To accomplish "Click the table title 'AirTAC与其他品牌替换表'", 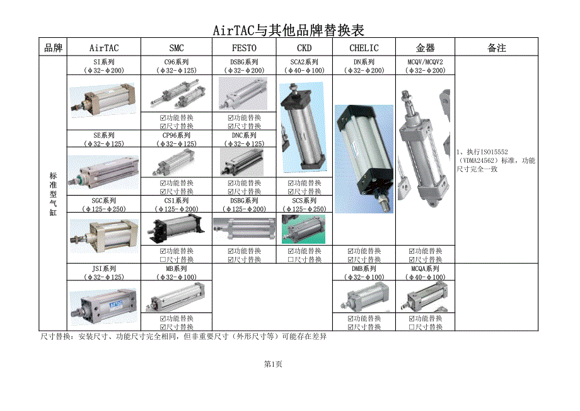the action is [289, 30].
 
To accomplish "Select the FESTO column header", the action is [244, 48].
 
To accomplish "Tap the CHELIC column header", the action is [364, 48].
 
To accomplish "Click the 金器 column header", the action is [425, 48].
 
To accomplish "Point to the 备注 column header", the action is [496, 48].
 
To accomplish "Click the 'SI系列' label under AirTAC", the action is [104, 62].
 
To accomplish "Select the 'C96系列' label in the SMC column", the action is [177, 62].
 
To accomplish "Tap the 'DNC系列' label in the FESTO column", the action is [244, 135].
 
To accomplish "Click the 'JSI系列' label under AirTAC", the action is [104, 268].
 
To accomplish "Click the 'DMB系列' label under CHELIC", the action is [364, 268].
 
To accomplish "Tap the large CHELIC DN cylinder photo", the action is [364, 159].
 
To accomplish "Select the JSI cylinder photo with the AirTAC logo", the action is [103, 306].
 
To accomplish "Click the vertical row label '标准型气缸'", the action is [53, 194].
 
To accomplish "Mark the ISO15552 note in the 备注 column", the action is [496, 160].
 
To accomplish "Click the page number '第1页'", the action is [273, 364].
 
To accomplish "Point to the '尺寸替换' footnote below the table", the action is [183, 337].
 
